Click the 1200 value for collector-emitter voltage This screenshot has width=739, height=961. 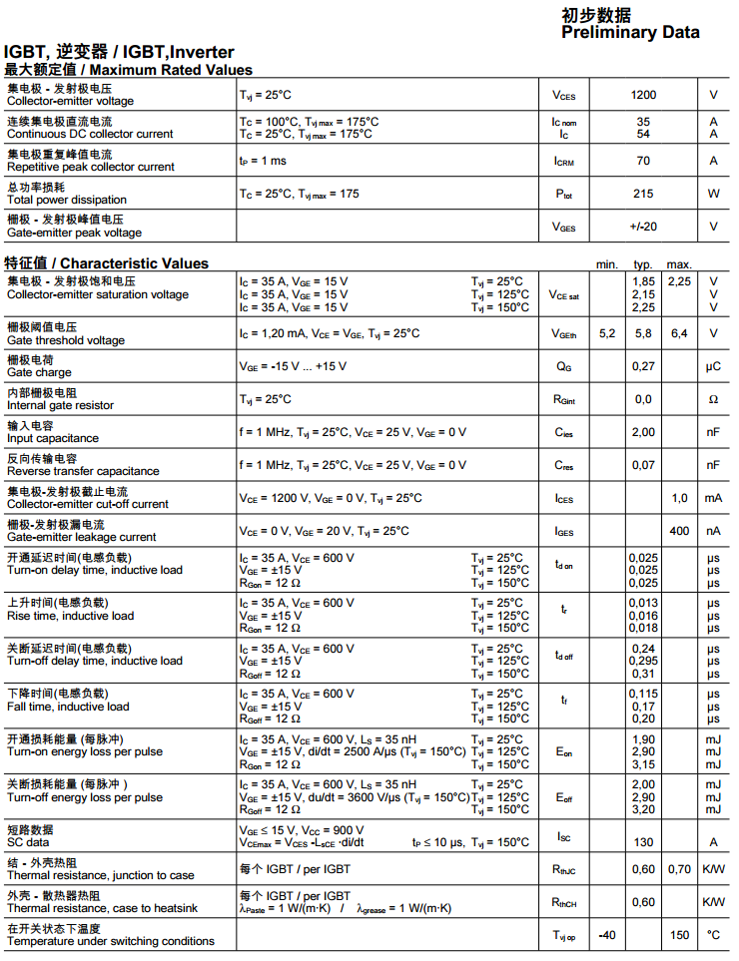643,95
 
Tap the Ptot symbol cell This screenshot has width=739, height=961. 564,194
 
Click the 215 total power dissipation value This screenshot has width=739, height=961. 643,194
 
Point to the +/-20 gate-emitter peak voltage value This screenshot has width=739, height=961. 643,227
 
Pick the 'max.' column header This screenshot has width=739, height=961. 679,264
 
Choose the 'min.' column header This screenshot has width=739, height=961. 607,264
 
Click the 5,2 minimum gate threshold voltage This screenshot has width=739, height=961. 607,333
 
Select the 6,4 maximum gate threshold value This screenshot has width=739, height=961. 679,333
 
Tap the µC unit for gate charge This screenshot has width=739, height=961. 713,366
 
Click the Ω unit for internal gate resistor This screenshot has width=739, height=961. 713,399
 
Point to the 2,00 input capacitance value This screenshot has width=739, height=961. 643,432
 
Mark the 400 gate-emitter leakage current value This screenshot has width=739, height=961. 679,531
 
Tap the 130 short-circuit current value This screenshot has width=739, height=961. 643,842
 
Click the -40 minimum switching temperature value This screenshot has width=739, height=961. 606,935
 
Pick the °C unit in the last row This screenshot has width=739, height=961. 713,935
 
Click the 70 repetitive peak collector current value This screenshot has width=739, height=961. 643,161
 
